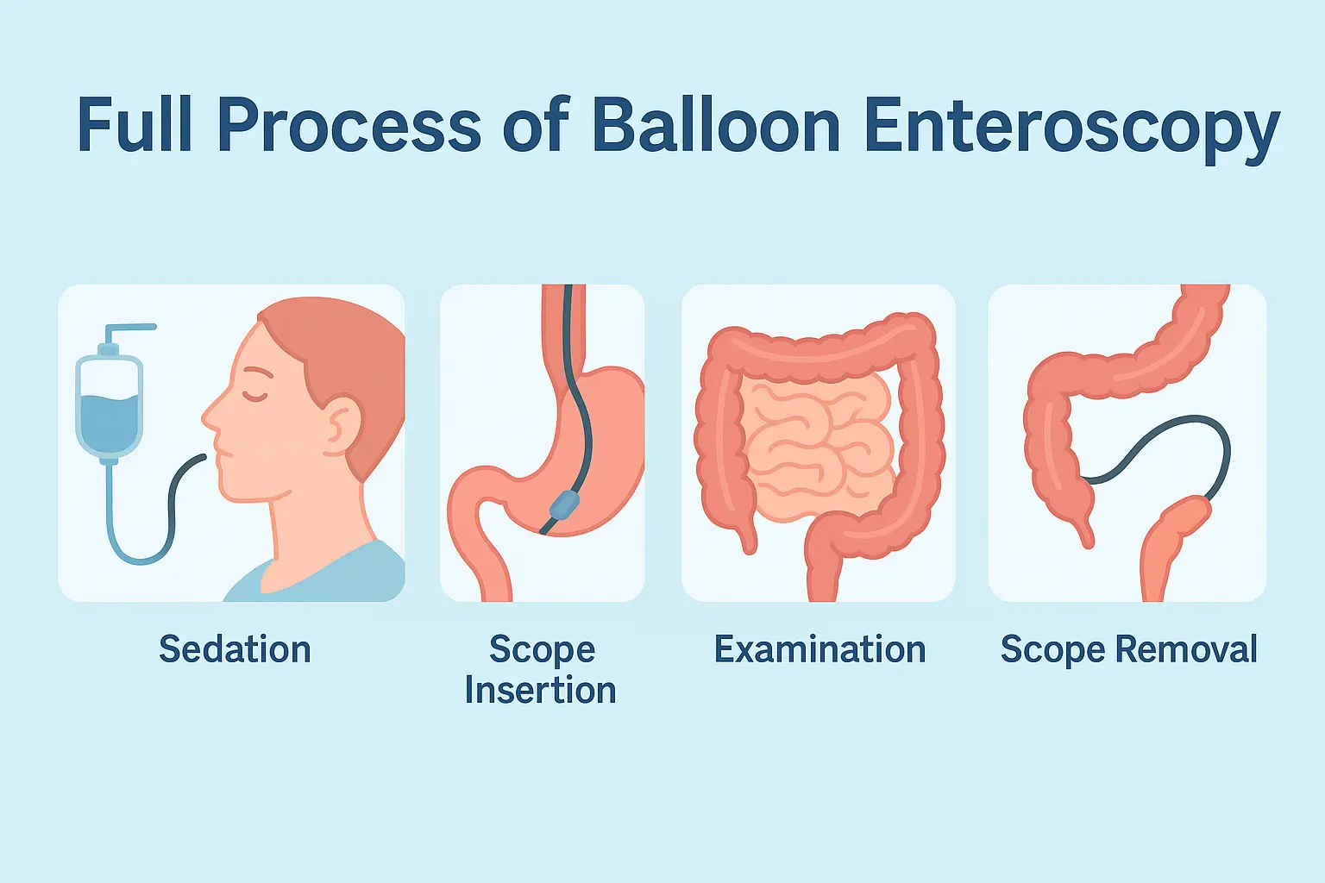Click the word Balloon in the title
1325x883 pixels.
716,125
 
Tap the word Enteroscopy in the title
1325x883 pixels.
1072,130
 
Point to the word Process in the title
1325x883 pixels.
349,125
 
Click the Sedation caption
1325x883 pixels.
235,648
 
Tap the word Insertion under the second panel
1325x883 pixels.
541,690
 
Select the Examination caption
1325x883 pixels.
819,648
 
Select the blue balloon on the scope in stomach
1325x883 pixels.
564,504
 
